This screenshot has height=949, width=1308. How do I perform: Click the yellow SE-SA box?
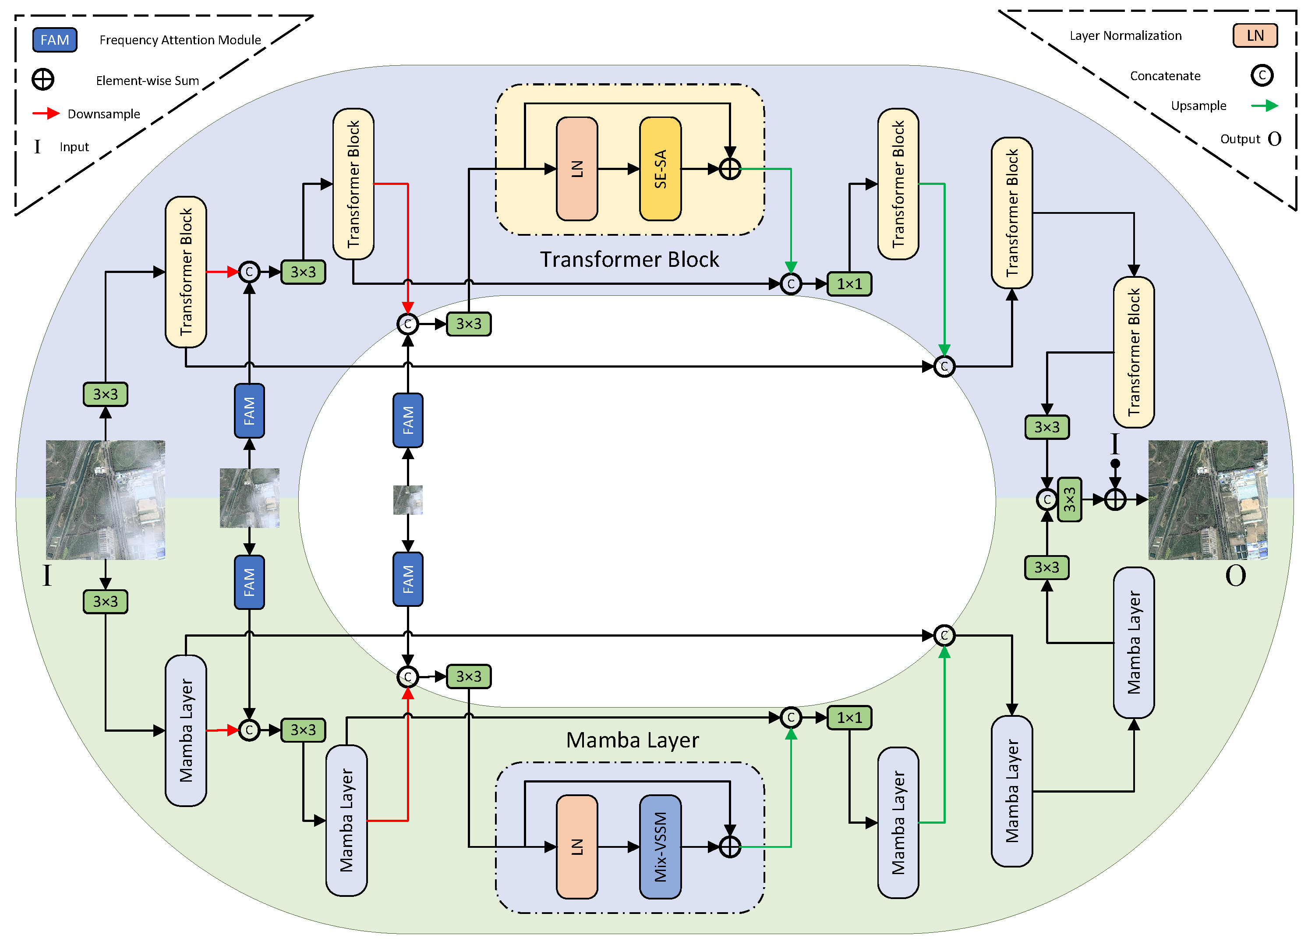pos(660,169)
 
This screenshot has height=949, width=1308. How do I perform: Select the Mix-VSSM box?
pos(660,847)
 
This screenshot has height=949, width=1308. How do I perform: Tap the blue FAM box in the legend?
pos(55,40)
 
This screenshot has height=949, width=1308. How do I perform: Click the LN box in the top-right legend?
pos(1255,36)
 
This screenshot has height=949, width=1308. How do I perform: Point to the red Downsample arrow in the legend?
pos(46,113)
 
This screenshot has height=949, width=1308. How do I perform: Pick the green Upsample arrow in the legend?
pos(1265,106)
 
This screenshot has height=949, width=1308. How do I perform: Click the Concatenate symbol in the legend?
pos(1262,75)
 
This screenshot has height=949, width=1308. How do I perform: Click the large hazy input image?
pos(106,500)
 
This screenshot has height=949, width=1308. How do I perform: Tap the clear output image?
pos(1208,500)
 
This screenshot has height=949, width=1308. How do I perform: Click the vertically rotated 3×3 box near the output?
pos(1070,499)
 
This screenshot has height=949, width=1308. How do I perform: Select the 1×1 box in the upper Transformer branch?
pos(849,284)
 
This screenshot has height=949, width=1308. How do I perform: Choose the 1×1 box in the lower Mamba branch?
pos(849,718)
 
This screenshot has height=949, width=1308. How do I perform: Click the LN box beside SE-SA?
pos(577,169)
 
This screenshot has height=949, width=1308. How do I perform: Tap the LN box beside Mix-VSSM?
pos(577,847)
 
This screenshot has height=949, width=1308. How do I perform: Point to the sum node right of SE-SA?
pos(730,169)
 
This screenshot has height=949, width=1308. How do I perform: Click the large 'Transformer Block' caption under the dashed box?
pos(630,260)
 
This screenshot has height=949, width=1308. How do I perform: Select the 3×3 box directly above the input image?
pos(106,395)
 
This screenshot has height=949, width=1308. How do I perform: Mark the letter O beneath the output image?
pos(1235,576)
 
